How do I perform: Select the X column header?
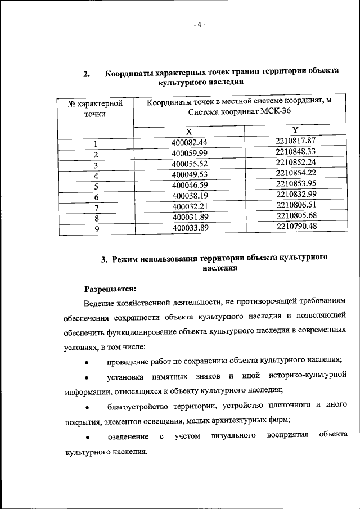pos(189,131)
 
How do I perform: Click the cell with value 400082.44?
pos(190,142)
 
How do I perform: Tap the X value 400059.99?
pos(190,153)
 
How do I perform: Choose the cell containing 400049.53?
pos(190,174)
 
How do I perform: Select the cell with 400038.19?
pos(190,196)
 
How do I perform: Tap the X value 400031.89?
pos(190,218)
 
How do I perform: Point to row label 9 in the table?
pos(96,229)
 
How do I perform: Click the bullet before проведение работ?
pos(86,361)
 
